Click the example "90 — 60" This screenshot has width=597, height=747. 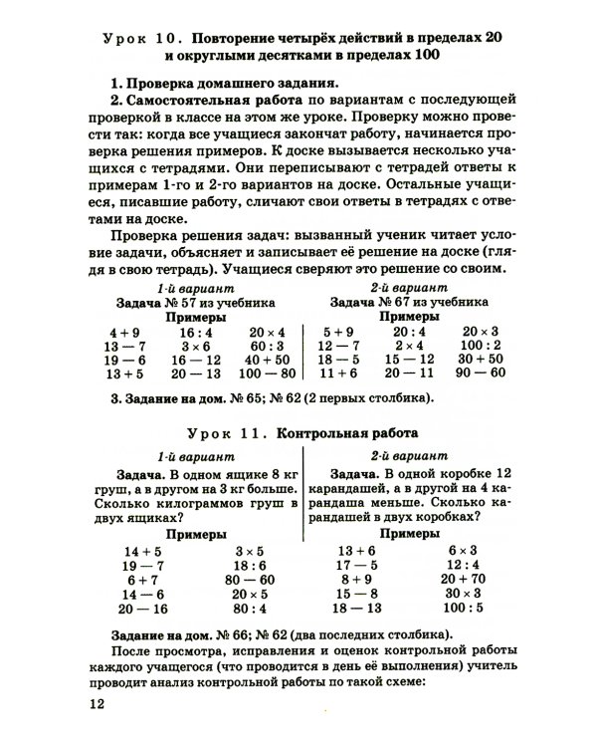click(482, 373)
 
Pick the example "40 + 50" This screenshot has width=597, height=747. click(267, 360)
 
